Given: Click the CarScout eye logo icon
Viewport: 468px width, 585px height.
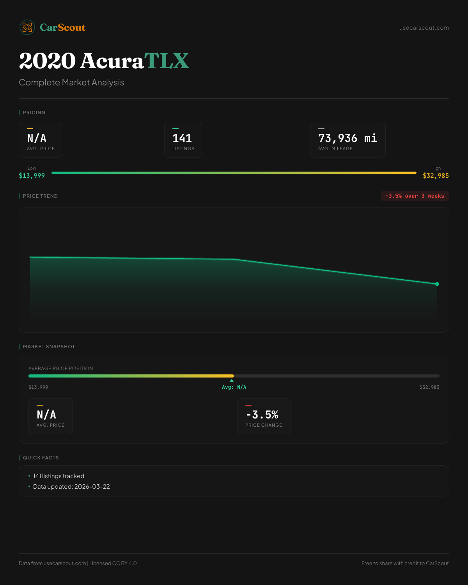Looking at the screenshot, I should [27, 27].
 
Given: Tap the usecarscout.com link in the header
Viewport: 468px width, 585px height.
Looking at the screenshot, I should [424, 28].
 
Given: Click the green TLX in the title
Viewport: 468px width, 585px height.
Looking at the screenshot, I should [167, 61].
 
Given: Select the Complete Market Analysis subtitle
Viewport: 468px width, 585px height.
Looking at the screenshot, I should [71, 83].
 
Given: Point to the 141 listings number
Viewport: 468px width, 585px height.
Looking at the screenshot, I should [182, 138].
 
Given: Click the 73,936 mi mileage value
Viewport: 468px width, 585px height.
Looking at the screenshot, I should [347, 138].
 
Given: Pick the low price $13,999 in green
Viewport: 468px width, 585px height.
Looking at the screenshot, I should [32, 176].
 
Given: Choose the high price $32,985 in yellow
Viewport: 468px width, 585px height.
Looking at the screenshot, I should [436, 176].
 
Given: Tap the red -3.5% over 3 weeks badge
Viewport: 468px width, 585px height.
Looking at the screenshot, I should [415, 196].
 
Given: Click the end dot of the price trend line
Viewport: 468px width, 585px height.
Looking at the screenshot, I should [437, 284].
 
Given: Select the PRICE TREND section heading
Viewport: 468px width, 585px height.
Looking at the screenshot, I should [40, 196].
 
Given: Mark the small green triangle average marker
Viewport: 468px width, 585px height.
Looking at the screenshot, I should [232, 381].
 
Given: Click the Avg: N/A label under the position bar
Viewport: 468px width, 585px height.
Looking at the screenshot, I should [234, 387].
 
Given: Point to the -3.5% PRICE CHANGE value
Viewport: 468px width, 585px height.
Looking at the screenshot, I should [262, 415].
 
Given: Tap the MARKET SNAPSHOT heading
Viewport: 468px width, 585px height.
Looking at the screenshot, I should [49, 347].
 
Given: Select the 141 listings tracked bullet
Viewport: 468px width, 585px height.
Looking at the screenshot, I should [58, 476].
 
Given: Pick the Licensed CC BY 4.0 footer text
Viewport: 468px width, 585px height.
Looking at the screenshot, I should [113, 564].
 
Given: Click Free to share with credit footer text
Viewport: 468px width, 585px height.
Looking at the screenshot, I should [405, 564].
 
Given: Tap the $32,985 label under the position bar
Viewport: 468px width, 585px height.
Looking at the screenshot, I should [429, 387].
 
